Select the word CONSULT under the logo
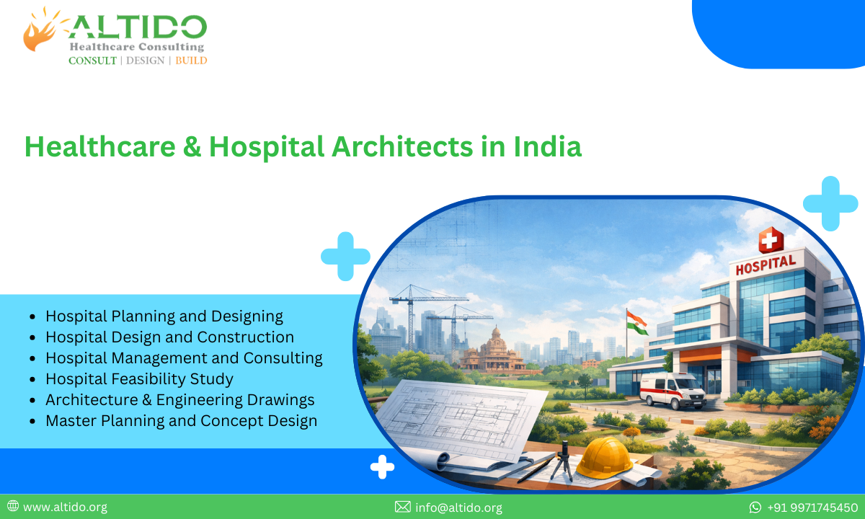coord(92,61)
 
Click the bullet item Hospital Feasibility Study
coord(139,378)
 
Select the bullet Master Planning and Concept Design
coord(181,420)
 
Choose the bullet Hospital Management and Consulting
coord(184,358)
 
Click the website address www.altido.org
coord(65,507)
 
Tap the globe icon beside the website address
coord(13,507)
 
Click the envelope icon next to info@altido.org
coord(403,507)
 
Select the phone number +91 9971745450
coord(812,507)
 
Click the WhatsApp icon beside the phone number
coord(755,507)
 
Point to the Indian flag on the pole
coord(636,321)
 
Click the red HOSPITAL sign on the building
coord(766,265)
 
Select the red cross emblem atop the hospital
coord(771,239)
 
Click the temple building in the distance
coord(494,351)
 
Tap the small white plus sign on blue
coord(382,467)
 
